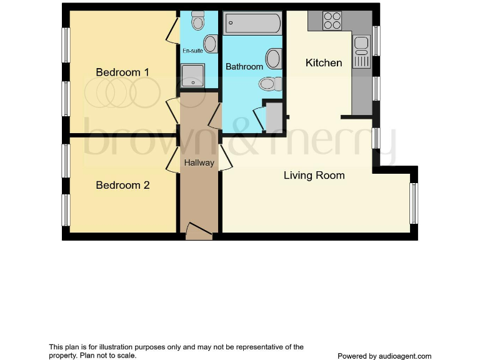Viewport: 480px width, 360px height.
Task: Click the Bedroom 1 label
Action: click(x=122, y=72)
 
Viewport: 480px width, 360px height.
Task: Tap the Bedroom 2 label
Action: click(x=122, y=186)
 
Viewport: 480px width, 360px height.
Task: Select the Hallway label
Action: click(x=199, y=163)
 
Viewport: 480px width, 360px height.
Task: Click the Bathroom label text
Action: click(x=244, y=67)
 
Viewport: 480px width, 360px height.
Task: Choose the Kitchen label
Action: click(x=324, y=62)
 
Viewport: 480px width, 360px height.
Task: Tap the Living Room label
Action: click(x=314, y=176)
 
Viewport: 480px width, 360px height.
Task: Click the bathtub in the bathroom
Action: click(x=252, y=24)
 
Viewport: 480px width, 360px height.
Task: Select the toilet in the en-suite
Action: click(x=198, y=21)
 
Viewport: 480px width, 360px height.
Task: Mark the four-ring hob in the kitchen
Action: click(x=332, y=21)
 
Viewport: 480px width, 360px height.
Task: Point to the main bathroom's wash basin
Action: click(x=273, y=59)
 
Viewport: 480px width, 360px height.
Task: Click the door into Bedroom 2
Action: click(x=173, y=159)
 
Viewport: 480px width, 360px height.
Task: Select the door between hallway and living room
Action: click(x=225, y=158)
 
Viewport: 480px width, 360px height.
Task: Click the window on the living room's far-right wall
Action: click(x=413, y=203)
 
